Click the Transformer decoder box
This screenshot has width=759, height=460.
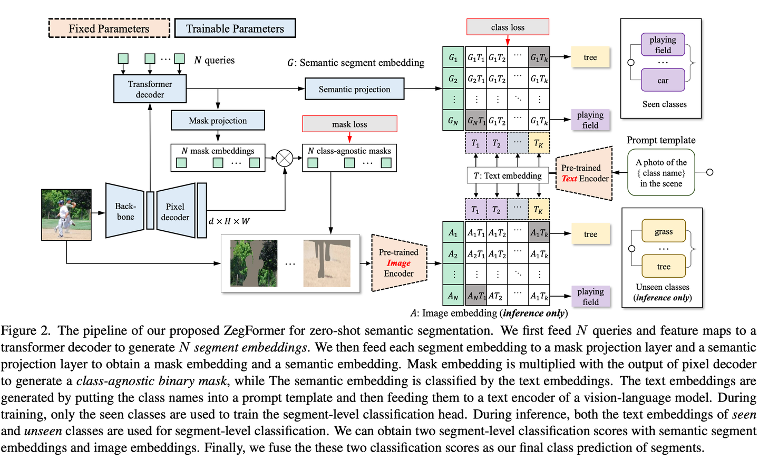point(150,89)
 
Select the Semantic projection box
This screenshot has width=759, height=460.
point(354,89)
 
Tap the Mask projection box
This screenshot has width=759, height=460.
point(218,121)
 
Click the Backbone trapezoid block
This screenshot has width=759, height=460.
point(125,211)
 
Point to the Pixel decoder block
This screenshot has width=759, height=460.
point(176,211)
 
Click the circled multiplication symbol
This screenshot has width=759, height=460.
point(285,158)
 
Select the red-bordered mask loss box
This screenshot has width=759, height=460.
point(349,124)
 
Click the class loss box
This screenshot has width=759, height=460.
point(508,27)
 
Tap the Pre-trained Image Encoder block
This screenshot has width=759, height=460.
point(399,263)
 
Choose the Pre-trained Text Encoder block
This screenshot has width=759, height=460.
point(585,173)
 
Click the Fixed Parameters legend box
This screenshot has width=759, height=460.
point(109,28)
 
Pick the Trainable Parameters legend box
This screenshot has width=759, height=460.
point(235,28)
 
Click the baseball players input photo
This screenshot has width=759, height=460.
point(66,215)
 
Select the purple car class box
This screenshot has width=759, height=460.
point(663,81)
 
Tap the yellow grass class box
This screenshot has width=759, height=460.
point(664,231)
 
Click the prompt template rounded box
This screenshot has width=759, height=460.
point(661,173)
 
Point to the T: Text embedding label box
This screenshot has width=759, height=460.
point(508,175)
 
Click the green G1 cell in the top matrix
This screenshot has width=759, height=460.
point(453,57)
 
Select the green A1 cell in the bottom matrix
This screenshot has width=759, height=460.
point(453,233)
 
